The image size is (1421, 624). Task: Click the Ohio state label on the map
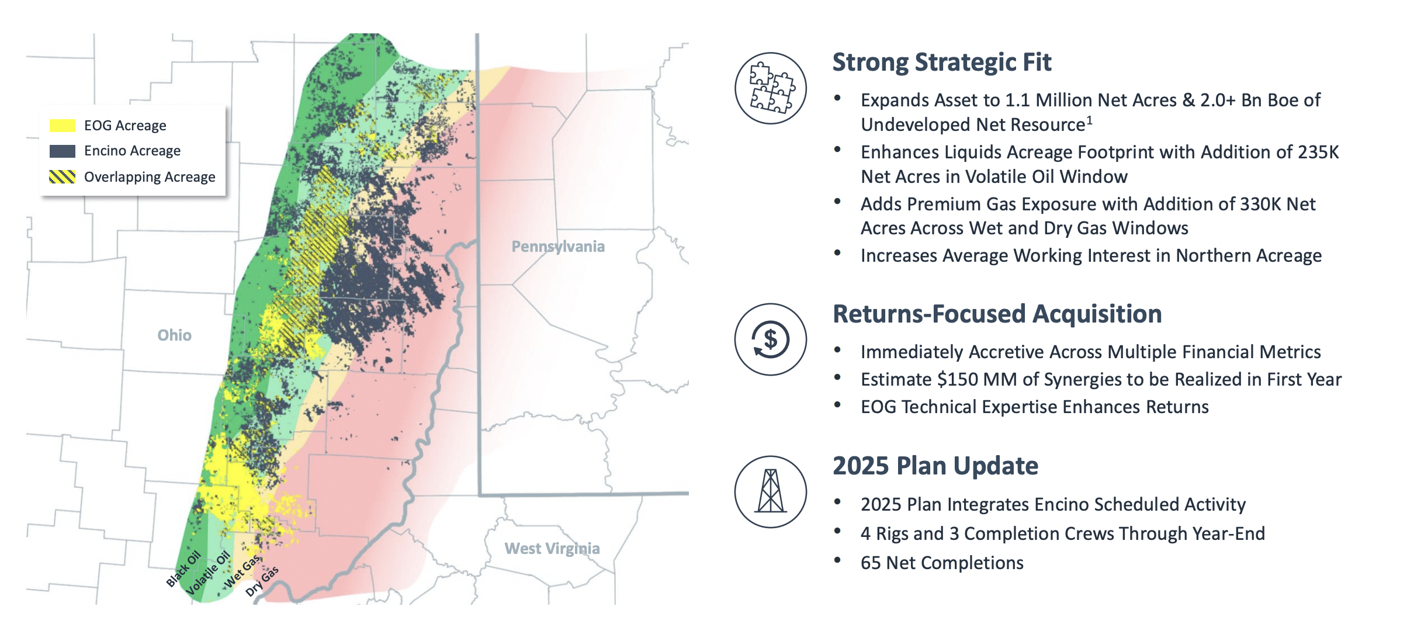coord(174,335)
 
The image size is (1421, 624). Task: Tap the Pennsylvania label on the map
coord(558,247)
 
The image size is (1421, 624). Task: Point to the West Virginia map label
coord(552,549)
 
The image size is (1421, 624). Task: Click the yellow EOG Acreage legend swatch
coord(63,126)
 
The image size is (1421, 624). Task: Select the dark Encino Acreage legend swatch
coord(63,151)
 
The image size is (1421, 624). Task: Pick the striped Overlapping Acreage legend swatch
coord(63,177)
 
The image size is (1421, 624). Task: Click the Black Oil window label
coord(183,568)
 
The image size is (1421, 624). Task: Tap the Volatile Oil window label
coord(208,573)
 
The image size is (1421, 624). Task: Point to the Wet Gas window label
coord(242,571)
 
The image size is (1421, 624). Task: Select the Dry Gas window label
coord(262,581)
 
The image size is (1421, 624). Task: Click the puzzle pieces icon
coord(771,88)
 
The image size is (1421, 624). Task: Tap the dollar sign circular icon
coord(771,339)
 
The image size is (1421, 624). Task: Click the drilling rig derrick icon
coord(771,492)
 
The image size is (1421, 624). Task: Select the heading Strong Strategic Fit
coord(942,63)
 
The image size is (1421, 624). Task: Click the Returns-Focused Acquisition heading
coord(997,314)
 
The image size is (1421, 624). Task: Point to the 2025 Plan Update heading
coord(935,466)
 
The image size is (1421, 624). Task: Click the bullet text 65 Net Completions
coord(942,563)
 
